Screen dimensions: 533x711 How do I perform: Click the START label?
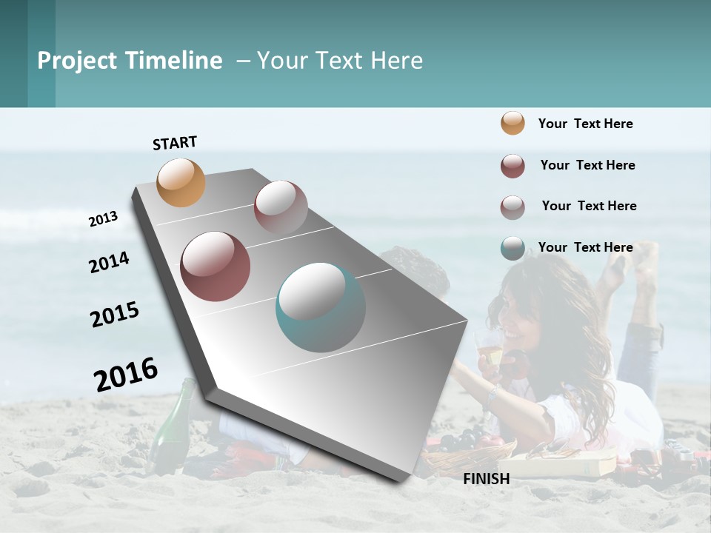(x=175, y=143)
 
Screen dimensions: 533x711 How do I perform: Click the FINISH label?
(x=486, y=479)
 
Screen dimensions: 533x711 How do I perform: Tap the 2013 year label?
(x=103, y=219)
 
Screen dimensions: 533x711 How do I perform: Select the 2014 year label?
(x=109, y=263)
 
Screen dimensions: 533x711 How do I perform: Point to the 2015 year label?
(x=115, y=315)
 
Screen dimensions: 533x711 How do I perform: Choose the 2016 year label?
(x=126, y=374)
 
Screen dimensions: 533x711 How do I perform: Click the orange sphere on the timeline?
(x=181, y=182)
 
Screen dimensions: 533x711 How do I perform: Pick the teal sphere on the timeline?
(x=321, y=307)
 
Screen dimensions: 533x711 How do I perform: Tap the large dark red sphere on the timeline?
(x=216, y=266)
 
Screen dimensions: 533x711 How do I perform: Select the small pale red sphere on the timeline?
(x=281, y=207)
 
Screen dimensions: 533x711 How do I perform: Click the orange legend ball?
(x=513, y=123)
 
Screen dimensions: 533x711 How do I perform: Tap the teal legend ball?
(x=513, y=248)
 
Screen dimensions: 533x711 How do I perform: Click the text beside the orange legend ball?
(x=585, y=124)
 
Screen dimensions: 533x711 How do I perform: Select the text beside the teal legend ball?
(x=585, y=247)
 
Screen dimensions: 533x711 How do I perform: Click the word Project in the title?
(x=77, y=61)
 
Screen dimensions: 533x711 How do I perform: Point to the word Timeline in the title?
(x=173, y=61)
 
